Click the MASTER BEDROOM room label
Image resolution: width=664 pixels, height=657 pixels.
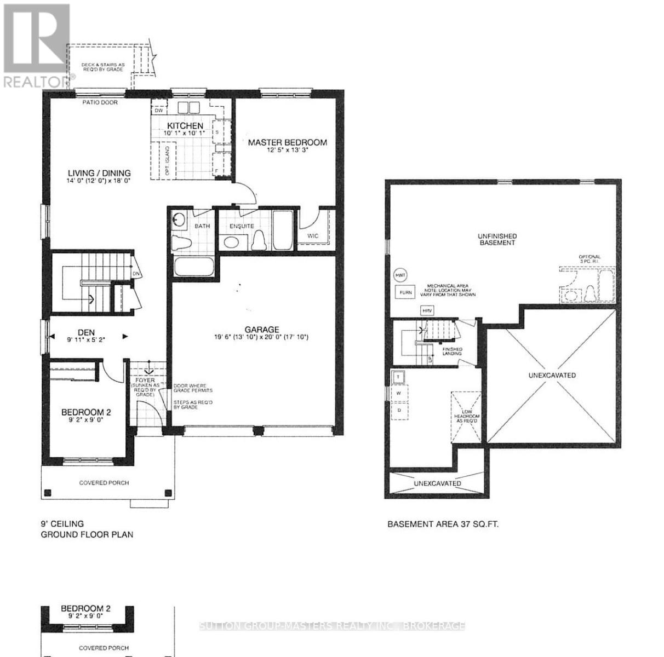point(287,142)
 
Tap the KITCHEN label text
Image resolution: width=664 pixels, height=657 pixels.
point(185,126)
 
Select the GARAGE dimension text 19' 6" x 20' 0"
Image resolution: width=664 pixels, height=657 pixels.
point(261,337)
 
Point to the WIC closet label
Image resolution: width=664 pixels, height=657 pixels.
point(313,235)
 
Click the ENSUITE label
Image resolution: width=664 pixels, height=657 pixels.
point(242,226)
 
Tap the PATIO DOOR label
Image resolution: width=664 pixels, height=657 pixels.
point(100,102)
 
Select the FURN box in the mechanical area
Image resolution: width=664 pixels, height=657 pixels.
point(405,293)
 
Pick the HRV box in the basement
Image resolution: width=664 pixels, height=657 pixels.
point(427,311)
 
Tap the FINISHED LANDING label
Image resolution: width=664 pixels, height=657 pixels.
point(453,351)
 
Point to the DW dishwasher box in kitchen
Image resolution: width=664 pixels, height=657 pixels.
point(159,110)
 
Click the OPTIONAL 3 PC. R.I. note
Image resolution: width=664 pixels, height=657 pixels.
point(589,259)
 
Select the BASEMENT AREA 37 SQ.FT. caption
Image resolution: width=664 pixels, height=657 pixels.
point(443,524)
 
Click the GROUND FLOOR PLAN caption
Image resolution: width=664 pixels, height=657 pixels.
point(87,534)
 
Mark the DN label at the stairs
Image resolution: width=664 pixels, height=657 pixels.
point(135,273)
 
